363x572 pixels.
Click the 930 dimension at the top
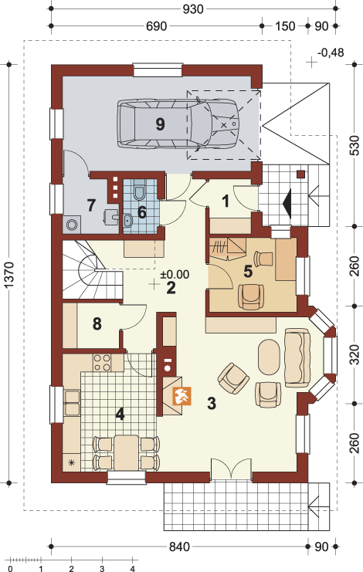193,8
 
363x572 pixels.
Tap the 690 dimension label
156,26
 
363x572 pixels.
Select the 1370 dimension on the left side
8,274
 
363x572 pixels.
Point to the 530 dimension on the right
355,145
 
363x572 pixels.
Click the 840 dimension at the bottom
179,547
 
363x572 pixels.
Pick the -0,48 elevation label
331,52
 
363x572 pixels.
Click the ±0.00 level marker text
175,274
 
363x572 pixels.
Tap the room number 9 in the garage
160,124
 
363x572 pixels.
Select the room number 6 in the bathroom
141,212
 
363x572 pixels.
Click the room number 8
97,323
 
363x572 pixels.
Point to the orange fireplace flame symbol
182,396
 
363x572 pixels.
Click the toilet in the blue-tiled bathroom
139,192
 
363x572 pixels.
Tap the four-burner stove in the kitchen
102,363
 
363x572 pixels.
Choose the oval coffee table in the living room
269,357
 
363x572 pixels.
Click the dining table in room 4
126,452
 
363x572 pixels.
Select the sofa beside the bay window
297,357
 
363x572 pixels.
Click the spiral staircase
92,270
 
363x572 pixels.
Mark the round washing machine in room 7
73,224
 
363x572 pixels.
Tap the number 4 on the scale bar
132,568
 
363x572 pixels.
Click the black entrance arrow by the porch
287,203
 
